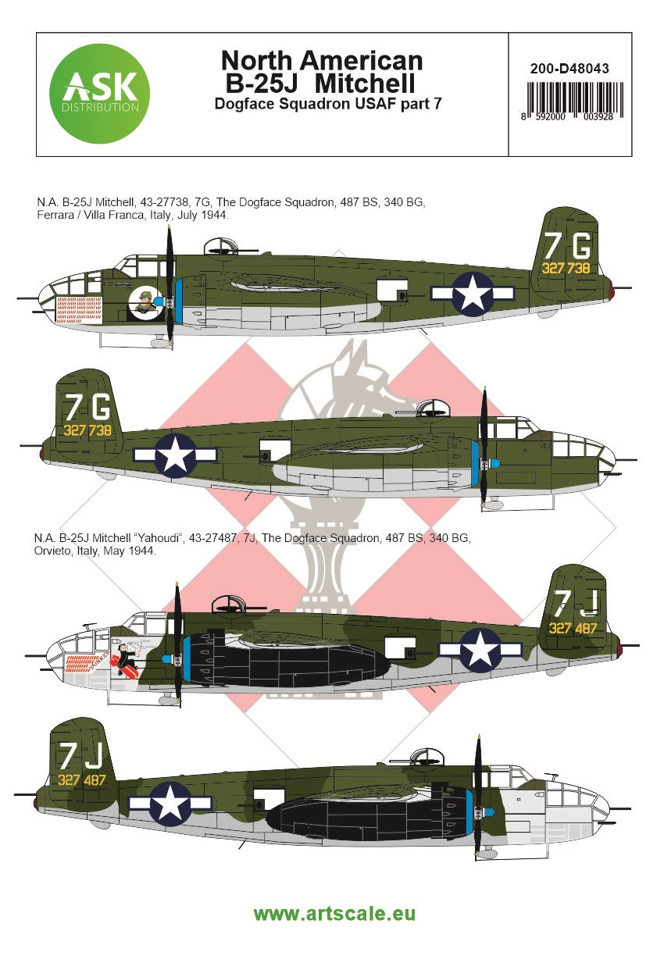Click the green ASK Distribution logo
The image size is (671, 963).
coord(99,94)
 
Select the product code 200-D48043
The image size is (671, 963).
coord(569,69)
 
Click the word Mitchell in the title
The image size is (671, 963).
coord(365,83)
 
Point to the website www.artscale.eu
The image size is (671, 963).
coord(334,913)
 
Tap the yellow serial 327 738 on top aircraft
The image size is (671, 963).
coord(566,268)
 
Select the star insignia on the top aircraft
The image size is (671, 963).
coord(473,294)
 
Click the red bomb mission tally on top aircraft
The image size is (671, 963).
coord(80,309)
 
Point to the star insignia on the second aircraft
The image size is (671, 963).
coord(175,455)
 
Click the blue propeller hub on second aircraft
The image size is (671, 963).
coord(494,463)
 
